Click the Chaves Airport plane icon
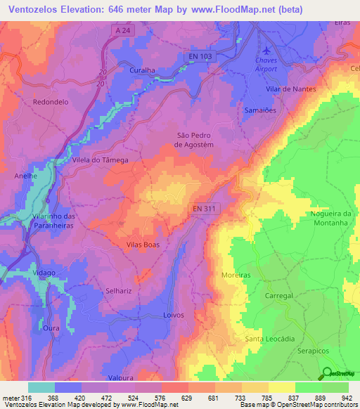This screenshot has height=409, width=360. tap(266, 51)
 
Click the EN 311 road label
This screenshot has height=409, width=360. tap(207, 208)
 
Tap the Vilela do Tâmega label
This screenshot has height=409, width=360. tap(101, 160)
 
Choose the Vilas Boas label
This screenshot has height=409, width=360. tap(143, 245)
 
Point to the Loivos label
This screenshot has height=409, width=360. tap(174, 316)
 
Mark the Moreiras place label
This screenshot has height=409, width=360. tap(236, 275)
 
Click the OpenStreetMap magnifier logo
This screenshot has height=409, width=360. tap(328, 373)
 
